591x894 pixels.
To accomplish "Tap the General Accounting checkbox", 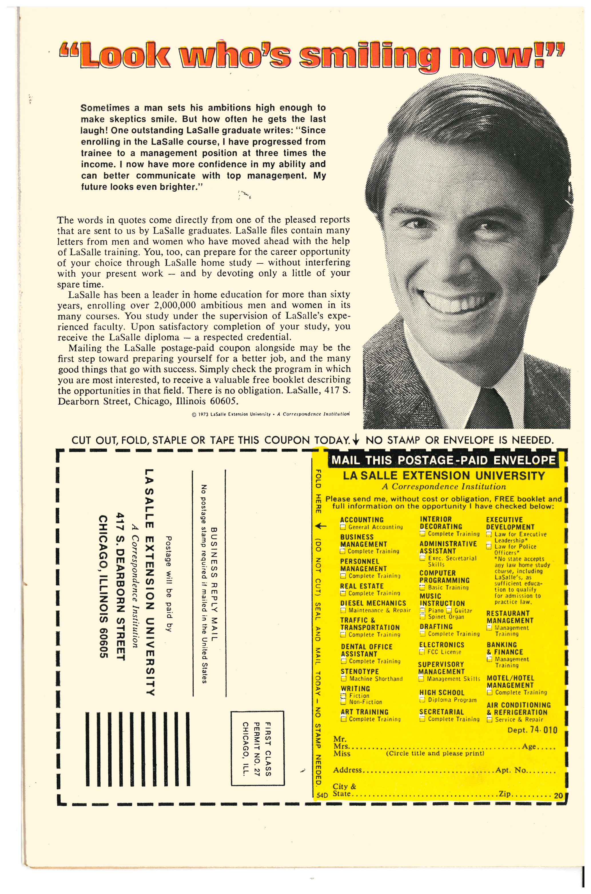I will pyautogui.click(x=343, y=527).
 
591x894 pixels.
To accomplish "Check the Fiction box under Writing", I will pyautogui.click(x=343, y=696).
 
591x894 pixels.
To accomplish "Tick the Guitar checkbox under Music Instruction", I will pyautogui.click(x=449, y=611).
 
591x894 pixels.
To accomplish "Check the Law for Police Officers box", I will pyautogui.click(x=489, y=546).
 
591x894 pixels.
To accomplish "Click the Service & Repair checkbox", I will pyautogui.click(x=489, y=719).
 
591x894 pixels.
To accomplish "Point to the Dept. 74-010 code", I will pyautogui.click(x=532, y=730).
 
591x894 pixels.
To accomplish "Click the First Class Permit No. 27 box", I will pyautogui.click(x=257, y=747).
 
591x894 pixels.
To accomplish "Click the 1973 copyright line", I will pyautogui.click(x=270, y=414).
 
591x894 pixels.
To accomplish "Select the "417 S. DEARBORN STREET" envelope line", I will pyautogui.click(x=120, y=586).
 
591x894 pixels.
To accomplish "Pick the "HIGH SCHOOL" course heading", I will pyautogui.click(x=442, y=692).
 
